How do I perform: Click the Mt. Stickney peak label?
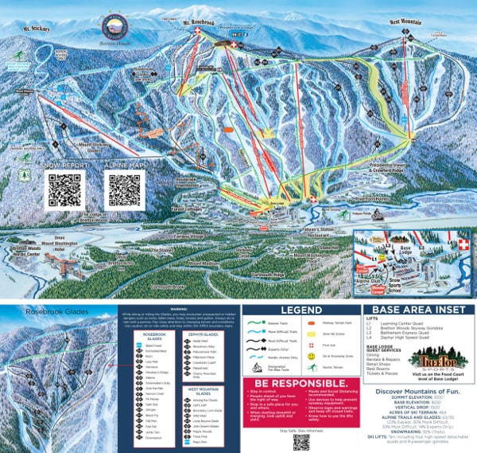[x=37, y=29]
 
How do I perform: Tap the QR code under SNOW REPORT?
[x=64, y=189]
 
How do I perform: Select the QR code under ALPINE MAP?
[x=124, y=189]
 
